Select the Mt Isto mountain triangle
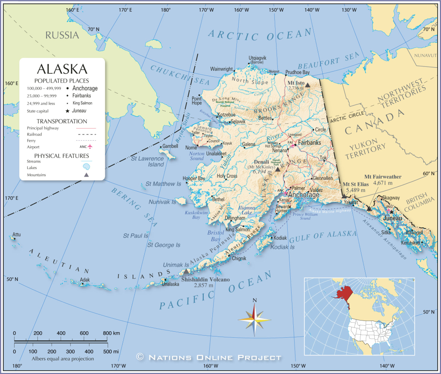308,85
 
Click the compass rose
255,320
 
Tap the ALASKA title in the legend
62,69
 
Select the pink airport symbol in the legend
90,146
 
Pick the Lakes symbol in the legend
87,166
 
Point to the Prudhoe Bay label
297,72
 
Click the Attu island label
16,235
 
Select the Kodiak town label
280,238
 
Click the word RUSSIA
62,35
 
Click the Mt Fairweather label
383,176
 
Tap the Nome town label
191,148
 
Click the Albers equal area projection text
62,358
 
